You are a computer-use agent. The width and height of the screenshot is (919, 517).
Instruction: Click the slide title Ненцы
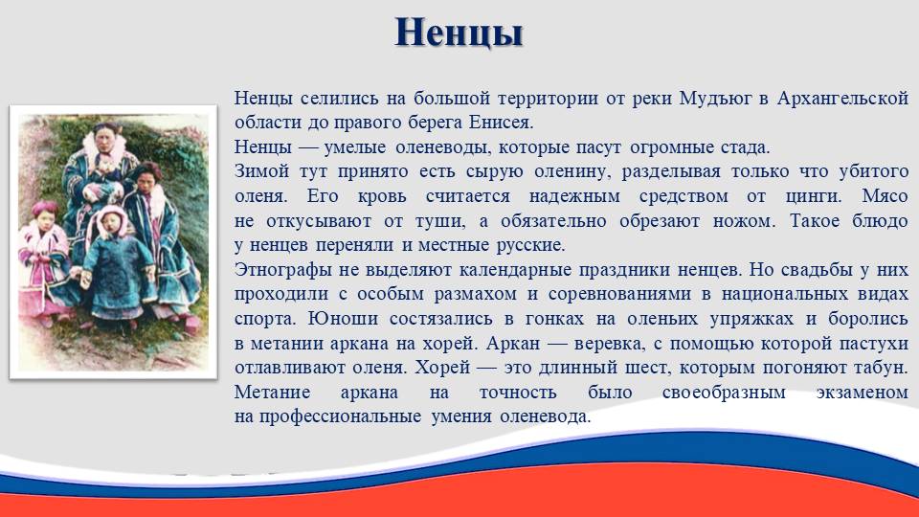pyautogui.click(x=459, y=33)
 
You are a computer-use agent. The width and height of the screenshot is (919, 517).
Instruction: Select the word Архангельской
pyautogui.click(x=842, y=98)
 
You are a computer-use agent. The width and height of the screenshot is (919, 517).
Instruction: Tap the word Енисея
pyautogui.click(x=501, y=123)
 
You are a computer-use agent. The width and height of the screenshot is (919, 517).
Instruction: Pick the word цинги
pyautogui.click(x=814, y=196)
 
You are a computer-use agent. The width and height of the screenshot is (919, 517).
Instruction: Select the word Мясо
pyautogui.click(x=885, y=195)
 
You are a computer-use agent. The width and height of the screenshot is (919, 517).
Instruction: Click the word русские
pyautogui.click(x=531, y=245)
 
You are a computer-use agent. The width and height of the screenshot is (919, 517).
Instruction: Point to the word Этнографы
pyautogui.click(x=285, y=270)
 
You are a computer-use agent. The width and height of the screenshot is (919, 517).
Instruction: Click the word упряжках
pyautogui.click(x=751, y=319)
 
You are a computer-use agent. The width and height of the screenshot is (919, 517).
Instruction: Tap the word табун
pyautogui.click(x=883, y=368)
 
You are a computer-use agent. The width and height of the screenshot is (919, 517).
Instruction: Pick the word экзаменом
pyautogui.click(x=863, y=393)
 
